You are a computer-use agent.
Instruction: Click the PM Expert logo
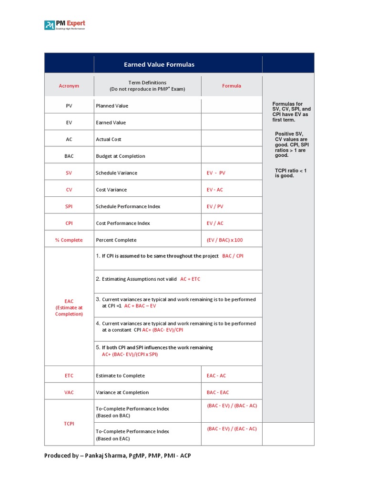pos(65,25)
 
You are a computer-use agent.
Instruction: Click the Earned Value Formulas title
pos(159,64)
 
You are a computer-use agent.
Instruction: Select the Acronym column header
pos(69,86)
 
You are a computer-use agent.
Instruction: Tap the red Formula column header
pos(232,86)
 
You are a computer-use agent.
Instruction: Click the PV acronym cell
pos(69,106)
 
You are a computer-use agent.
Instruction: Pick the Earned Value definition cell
pos(111,122)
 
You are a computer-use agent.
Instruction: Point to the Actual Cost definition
pos(109,139)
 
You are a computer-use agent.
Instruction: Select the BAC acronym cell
pos(69,156)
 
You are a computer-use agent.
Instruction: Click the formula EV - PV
pos(216,173)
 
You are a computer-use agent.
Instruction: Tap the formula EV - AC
pos(214,190)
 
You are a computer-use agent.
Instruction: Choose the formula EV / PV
pos(214,206)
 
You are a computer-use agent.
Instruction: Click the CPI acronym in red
pos(69,223)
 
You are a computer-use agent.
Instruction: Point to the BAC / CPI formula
pos(233,256)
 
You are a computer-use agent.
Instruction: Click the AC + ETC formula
pos(190,279)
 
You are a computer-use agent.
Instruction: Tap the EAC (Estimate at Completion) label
pos(69,307)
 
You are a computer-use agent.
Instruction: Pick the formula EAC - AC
pos(216,376)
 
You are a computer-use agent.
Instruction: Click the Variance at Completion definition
pos(122,392)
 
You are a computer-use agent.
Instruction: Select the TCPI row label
pos(69,423)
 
